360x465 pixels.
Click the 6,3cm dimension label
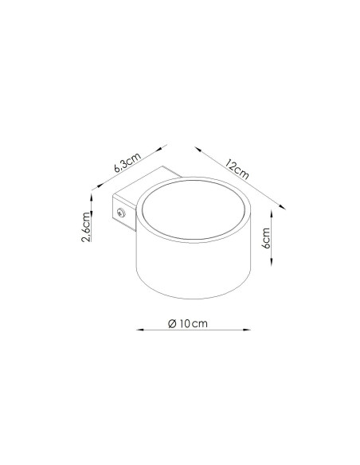tap(127, 162)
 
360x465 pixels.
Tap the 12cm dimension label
tap(237, 170)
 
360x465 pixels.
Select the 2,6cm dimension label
tap(85, 227)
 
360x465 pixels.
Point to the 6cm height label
tap(266, 238)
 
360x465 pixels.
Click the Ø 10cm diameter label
tap(188, 323)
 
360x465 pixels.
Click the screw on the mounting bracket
tap(121, 213)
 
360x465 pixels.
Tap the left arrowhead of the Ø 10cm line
tap(139, 330)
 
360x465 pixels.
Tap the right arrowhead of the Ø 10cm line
tap(247, 330)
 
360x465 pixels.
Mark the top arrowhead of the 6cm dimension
tap(272, 214)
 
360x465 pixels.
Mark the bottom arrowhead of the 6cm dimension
tap(272, 262)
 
